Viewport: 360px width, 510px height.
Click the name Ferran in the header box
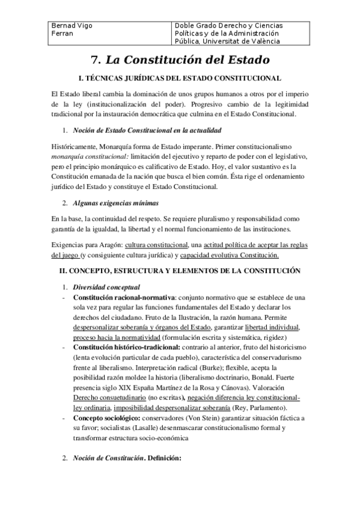click(x=63, y=34)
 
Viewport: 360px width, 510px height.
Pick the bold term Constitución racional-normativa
click(x=124, y=297)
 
